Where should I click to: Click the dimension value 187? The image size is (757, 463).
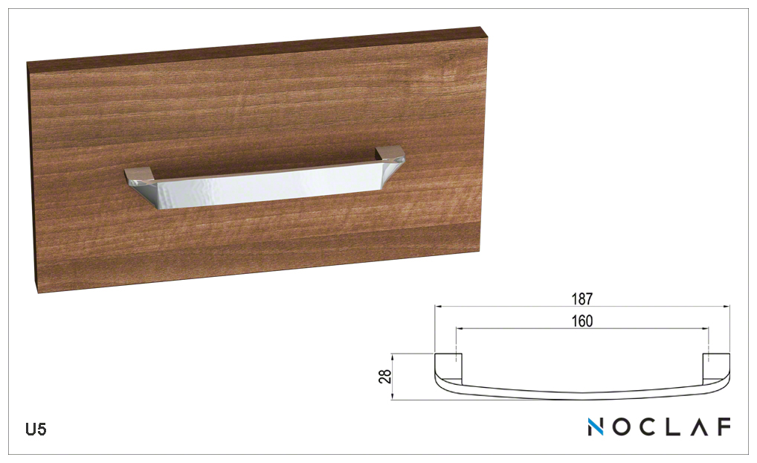(x=582, y=299)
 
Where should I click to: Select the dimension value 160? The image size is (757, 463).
(x=582, y=321)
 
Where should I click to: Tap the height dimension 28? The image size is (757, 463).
(x=386, y=377)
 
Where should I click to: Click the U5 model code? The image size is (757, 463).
(x=36, y=430)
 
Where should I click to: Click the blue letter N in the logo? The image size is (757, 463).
(x=596, y=427)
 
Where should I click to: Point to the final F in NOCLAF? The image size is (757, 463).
(x=724, y=427)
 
